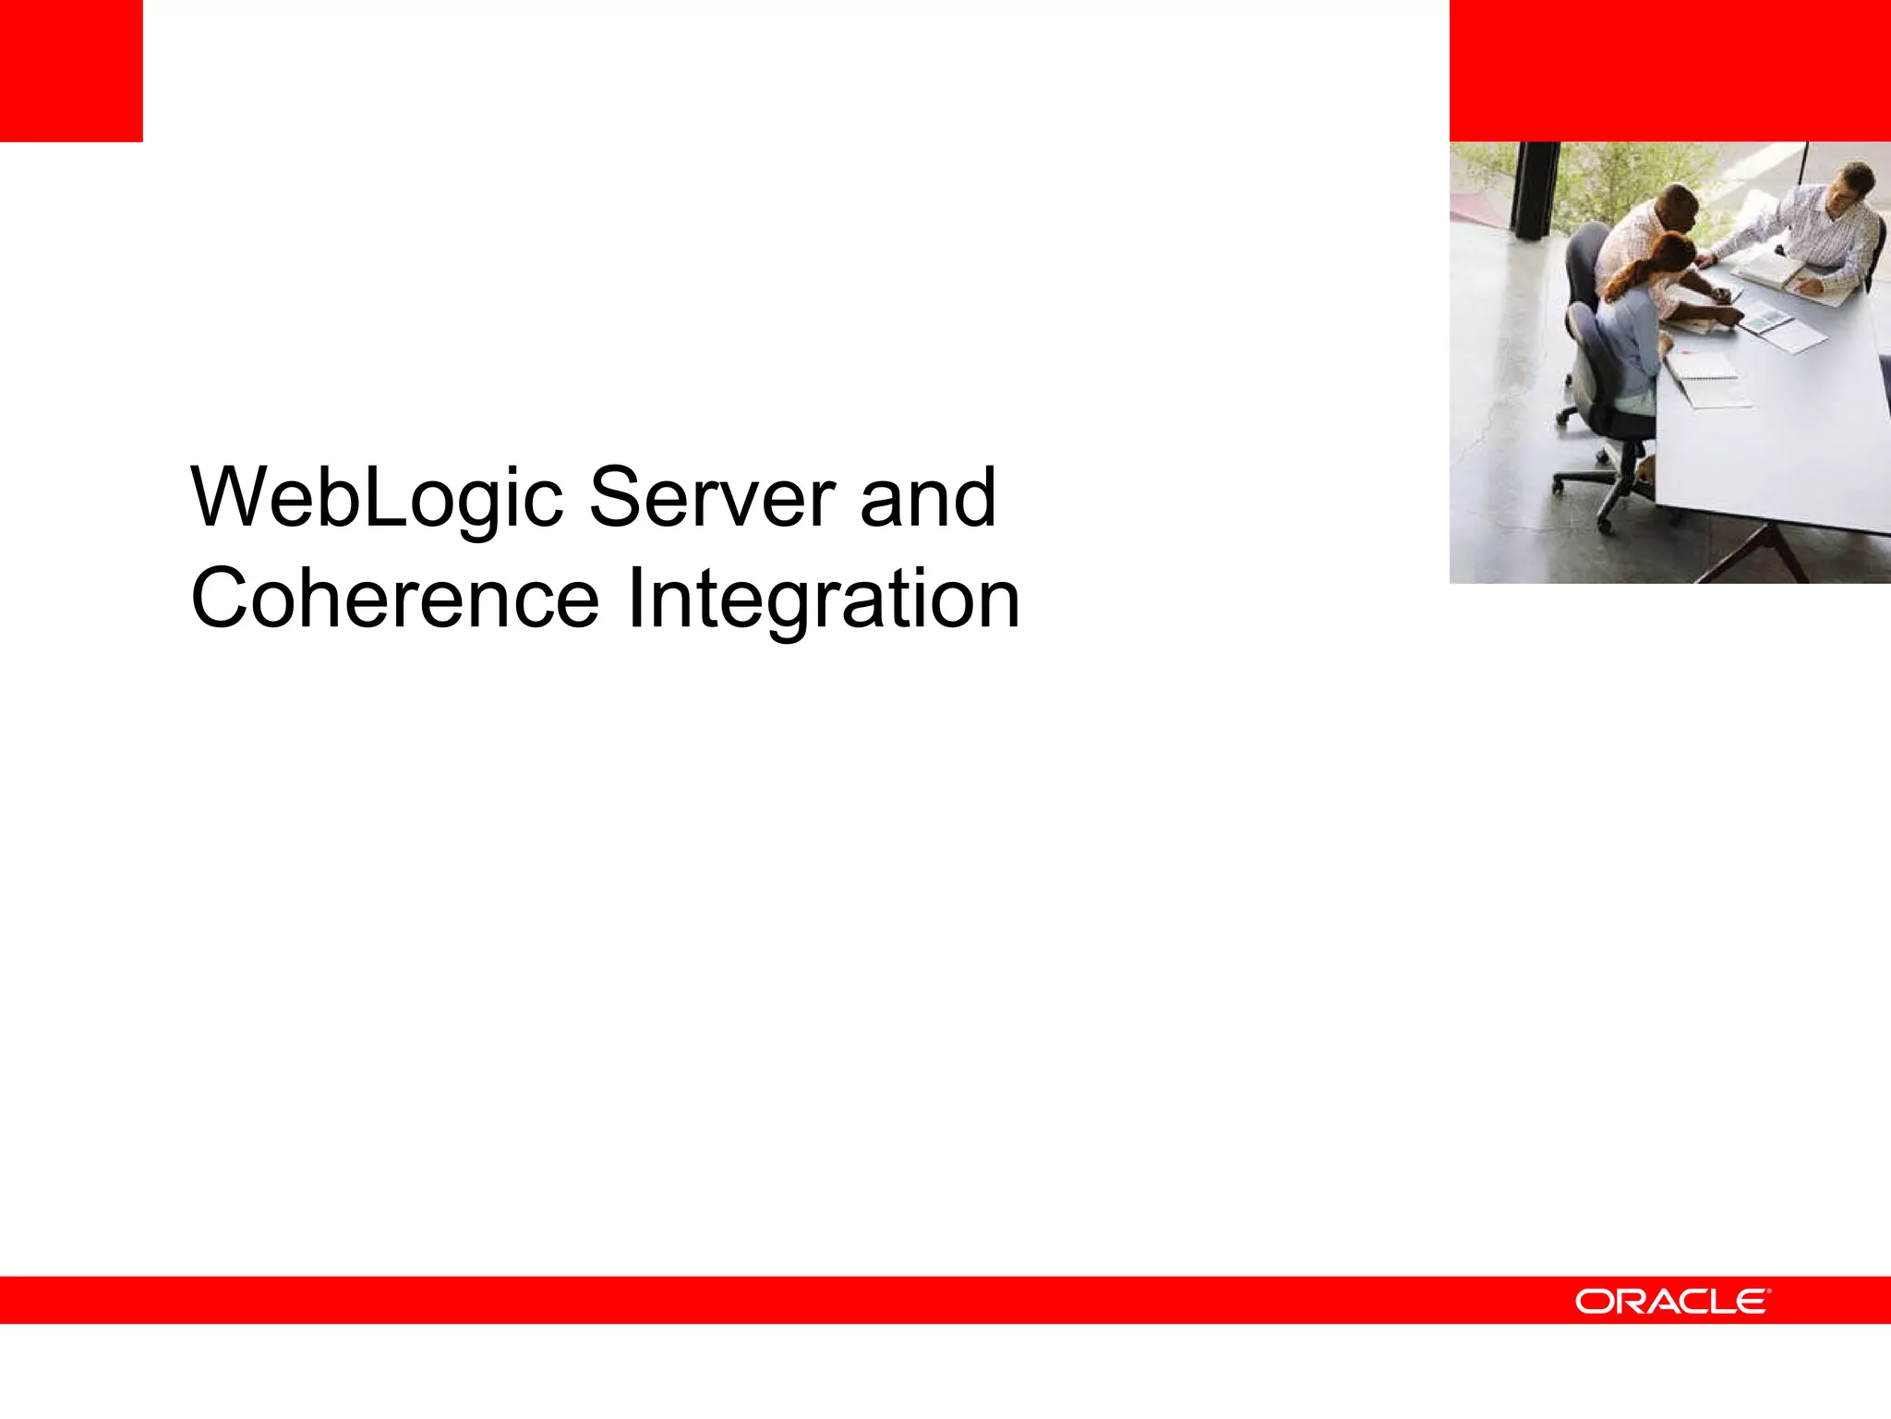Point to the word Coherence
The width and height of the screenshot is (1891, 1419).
pyautogui.click(x=395, y=599)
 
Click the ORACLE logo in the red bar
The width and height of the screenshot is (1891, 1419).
pyautogui.click(x=1672, y=1301)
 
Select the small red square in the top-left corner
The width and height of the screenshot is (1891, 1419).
pyautogui.click(x=71, y=70)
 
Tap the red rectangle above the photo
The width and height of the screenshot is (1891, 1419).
pyautogui.click(x=1669, y=70)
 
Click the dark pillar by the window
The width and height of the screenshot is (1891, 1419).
pyautogui.click(x=1533, y=189)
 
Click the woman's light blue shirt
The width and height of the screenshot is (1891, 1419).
pyautogui.click(x=1630, y=342)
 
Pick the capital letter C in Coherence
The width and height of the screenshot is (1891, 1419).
pyautogui.click(x=222, y=599)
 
